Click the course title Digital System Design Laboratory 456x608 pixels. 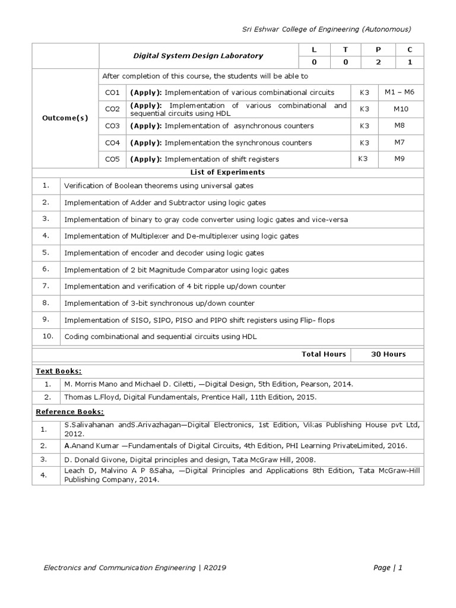(x=198, y=56)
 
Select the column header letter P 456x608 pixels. (x=376, y=50)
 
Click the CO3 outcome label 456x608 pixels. (x=112, y=126)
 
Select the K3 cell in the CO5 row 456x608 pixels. (x=363, y=159)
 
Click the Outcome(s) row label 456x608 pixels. (x=65, y=118)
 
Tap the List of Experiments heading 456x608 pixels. (x=227, y=172)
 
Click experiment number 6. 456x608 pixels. (x=45, y=269)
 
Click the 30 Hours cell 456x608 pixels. (x=388, y=354)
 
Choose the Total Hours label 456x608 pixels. (x=324, y=354)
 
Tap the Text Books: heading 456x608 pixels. (x=59, y=370)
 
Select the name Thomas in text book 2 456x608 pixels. (x=78, y=397)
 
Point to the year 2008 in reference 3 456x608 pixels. (x=288, y=460)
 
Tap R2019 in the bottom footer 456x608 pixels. (x=214, y=568)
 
